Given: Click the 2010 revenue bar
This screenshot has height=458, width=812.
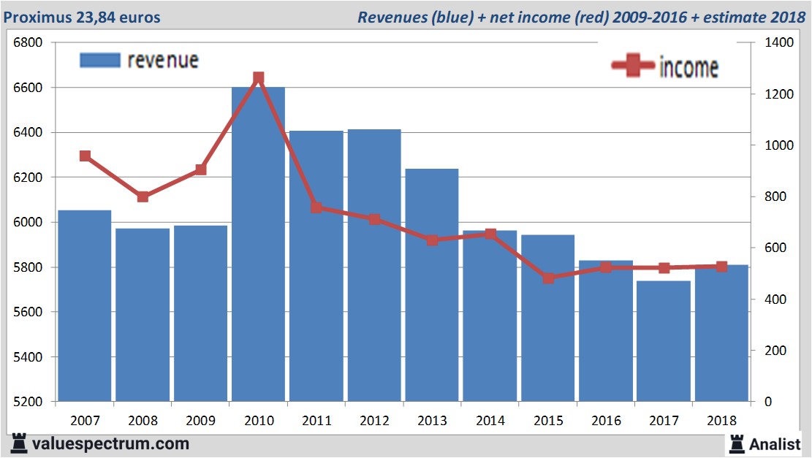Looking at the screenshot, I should click(258, 245).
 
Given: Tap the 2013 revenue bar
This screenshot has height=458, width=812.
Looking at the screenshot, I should click(431, 285).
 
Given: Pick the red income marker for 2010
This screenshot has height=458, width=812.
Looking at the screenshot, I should click(259, 77).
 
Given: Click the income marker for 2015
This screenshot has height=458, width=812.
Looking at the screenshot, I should click(549, 278).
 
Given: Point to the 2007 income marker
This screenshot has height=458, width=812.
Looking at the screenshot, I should click(85, 156).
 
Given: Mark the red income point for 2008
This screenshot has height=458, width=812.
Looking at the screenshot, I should click(143, 196).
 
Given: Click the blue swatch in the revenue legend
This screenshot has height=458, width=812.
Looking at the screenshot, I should click(99, 61).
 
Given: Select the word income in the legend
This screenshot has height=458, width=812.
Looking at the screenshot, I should click(688, 67).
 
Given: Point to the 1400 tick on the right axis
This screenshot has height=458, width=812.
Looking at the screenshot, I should click(779, 42).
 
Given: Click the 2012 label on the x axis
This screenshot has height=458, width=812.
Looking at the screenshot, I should click(374, 421).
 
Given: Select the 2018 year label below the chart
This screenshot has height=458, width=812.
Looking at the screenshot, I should click(721, 421).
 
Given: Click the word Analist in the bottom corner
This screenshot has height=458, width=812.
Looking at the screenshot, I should click(775, 443).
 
